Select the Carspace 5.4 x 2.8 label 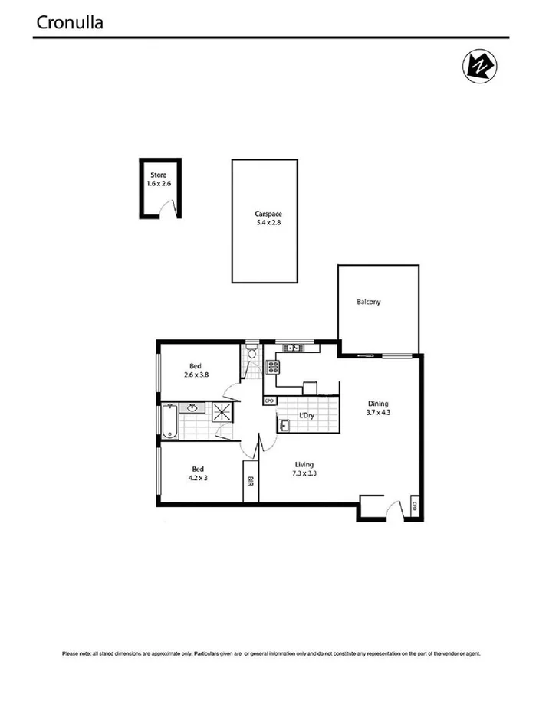pos(265,218)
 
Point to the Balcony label pos(369,302)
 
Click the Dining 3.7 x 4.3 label pos(378,408)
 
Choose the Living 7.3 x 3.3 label pos(304,469)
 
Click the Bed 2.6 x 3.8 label pos(197,371)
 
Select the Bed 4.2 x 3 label pos(198,473)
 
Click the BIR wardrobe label pos(251,482)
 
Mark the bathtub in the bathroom pos(169,422)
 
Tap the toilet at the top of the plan pos(251,352)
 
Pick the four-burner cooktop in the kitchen pos(271,367)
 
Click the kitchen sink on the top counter pos(291,348)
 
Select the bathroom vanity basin pos(192,407)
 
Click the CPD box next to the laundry pos(269,401)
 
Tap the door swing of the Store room pos(171,206)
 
